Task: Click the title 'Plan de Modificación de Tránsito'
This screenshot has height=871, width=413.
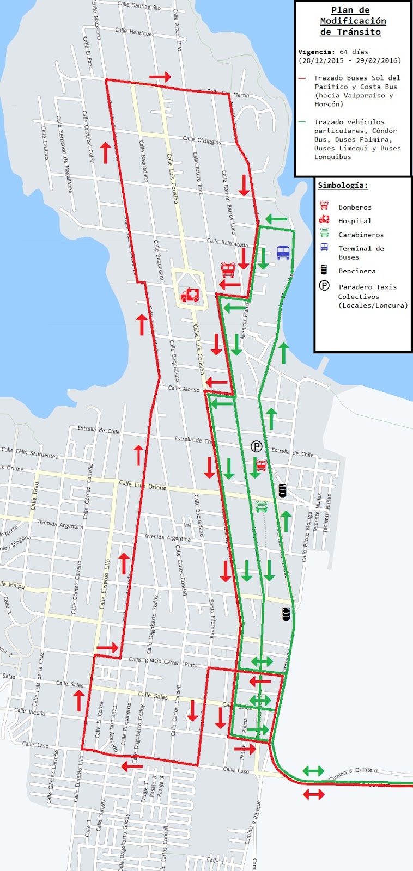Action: click(353, 21)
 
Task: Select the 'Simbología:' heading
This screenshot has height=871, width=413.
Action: click(343, 185)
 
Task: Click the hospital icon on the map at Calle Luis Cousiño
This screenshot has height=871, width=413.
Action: click(190, 295)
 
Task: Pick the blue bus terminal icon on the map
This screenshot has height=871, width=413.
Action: click(283, 252)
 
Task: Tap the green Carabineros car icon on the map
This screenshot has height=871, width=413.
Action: click(262, 506)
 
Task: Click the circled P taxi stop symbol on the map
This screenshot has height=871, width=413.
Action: click(256, 446)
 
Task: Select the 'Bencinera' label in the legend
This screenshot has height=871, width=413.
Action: click(357, 271)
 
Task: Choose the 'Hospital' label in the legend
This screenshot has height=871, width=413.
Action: click(355, 220)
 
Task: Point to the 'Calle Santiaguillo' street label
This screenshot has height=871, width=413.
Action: click(139, 5)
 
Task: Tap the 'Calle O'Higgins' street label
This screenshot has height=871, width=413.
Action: click(202, 140)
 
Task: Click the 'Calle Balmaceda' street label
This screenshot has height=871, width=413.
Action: click(227, 242)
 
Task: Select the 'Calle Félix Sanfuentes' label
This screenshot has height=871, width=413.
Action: click(29, 452)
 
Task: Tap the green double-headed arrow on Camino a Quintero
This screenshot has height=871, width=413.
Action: click(313, 771)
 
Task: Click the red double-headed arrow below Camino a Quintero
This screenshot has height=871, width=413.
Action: click(313, 794)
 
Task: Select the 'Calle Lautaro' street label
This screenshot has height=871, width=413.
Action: click(45, 143)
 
